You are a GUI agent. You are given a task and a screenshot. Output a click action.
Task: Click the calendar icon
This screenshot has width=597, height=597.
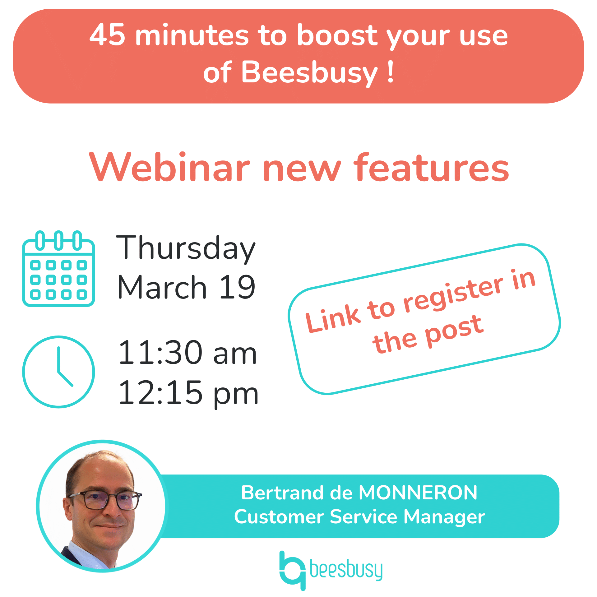[x=58, y=269]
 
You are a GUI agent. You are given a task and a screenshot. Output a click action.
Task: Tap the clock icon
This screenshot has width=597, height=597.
[x=58, y=372]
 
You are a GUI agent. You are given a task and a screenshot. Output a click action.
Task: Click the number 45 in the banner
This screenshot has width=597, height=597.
[x=107, y=35]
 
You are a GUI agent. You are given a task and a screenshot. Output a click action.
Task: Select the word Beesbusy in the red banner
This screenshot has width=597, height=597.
[x=309, y=72]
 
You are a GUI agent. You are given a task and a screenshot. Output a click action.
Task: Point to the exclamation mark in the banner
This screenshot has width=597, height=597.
[x=391, y=72]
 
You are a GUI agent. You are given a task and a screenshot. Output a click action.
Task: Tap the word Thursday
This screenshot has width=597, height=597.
[x=186, y=248]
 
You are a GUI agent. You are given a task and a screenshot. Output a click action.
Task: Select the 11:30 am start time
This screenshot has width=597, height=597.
[x=187, y=353]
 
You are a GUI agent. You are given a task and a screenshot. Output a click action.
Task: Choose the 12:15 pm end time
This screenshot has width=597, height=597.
[x=188, y=393]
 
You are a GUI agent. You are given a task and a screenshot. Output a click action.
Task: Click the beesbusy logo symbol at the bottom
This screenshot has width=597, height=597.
[x=292, y=570]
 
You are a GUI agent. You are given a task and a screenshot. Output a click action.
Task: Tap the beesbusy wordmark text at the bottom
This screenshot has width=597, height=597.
[x=346, y=570]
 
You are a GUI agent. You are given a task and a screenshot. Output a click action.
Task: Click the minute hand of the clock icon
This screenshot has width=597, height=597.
[x=58, y=359]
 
